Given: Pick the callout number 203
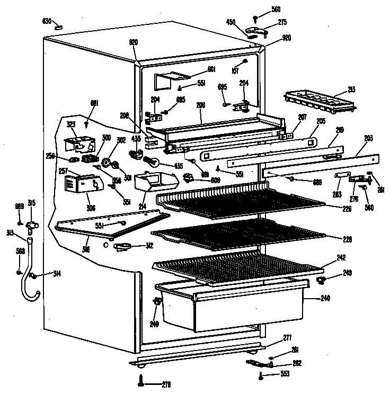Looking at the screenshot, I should [367, 138].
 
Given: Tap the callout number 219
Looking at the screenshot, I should [339, 129].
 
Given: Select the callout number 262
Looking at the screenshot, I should [297, 364].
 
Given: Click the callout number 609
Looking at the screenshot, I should [200, 181].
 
